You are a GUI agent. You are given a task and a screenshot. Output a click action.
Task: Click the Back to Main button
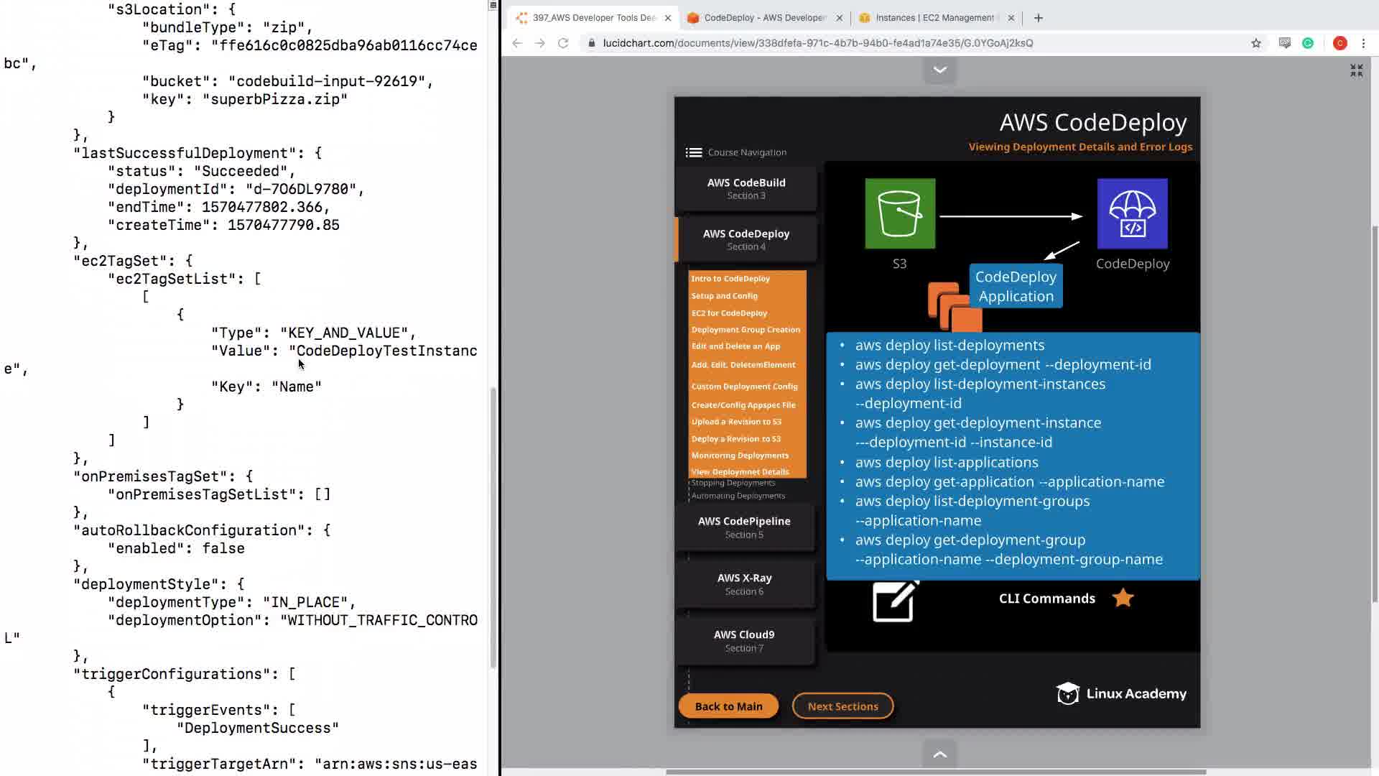tap(728, 706)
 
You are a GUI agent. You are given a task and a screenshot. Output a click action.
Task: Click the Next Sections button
tap(842, 706)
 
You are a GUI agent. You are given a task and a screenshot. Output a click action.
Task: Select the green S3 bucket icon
tap(900, 213)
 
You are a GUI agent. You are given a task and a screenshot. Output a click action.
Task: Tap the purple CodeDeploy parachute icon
tap(1132, 213)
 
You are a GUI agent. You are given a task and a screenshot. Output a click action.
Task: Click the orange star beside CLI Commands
tap(1123, 598)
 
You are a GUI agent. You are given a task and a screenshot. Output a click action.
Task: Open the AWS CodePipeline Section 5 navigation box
tap(744, 527)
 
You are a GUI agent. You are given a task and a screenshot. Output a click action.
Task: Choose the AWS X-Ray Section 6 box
tap(744, 584)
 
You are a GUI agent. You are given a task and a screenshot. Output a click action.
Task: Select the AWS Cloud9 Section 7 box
tap(744, 641)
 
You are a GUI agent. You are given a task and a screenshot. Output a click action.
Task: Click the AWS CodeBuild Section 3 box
tap(746, 188)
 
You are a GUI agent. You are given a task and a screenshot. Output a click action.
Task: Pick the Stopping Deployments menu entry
tap(733, 483)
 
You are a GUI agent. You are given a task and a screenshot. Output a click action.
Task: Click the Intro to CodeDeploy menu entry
tap(730, 279)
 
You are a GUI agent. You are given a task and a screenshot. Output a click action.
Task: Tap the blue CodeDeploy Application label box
tap(1016, 287)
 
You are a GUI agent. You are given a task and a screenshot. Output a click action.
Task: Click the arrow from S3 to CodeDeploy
tap(1010, 216)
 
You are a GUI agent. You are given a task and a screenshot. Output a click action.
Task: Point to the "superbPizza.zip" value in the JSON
tap(275, 99)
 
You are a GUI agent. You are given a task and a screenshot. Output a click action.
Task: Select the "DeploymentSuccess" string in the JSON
tap(258, 728)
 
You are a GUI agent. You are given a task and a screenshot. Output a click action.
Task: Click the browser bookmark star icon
tap(1256, 43)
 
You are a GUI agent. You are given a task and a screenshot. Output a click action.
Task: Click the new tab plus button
tap(1039, 18)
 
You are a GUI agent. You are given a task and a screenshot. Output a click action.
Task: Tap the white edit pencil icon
tap(894, 601)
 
